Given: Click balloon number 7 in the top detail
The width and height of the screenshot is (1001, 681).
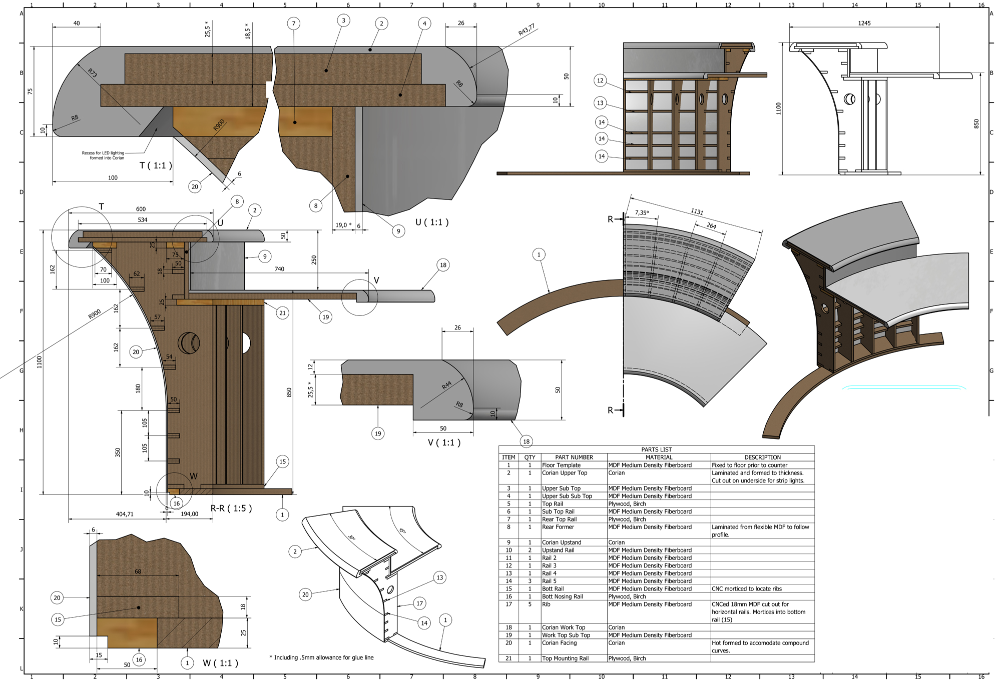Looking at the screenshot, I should (294, 23).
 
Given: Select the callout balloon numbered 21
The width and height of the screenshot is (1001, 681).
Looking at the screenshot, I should (283, 313).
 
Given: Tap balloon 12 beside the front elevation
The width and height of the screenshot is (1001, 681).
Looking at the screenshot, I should (600, 80).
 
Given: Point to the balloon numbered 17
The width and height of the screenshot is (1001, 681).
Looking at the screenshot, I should (419, 603).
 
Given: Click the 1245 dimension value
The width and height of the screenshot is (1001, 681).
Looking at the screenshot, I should (864, 23).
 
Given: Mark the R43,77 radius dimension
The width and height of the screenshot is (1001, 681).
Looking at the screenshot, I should (527, 29).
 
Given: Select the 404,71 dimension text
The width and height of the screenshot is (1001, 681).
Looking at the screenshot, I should (125, 514).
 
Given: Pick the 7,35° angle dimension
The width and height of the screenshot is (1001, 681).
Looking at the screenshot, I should (642, 212).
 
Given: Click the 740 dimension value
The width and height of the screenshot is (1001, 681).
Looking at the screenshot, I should (279, 269).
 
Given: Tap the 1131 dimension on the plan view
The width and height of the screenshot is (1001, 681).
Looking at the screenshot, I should (697, 211).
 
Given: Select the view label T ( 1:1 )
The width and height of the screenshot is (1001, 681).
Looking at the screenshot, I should (156, 165).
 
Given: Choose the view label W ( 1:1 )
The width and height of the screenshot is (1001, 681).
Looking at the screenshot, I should (220, 663).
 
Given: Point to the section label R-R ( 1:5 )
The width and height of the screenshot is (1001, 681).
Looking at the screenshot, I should (231, 508).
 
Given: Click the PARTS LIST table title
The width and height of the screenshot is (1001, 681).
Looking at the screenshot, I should (656, 449).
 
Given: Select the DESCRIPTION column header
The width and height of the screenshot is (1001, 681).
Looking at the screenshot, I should (762, 457).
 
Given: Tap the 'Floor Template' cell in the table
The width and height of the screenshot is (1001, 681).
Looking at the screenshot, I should (561, 465).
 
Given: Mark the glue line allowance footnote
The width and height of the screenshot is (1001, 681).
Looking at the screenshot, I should (321, 657).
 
